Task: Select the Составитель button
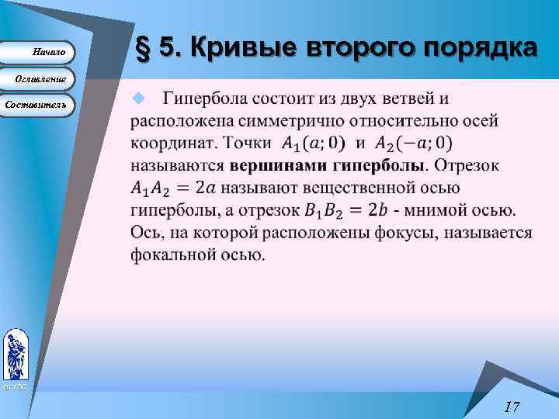(37, 104)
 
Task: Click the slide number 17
(511, 406)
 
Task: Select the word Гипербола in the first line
(205, 99)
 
